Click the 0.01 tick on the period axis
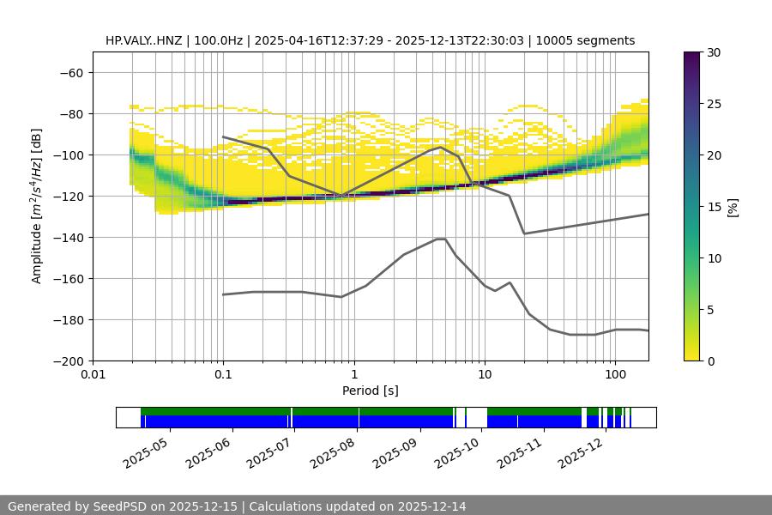(x=93, y=375)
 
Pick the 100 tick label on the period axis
(x=614, y=375)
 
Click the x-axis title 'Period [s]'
(x=370, y=391)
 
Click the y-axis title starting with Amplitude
(x=37, y=207)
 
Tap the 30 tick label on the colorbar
(x=714, y=52)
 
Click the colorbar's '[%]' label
(x=732, y=207)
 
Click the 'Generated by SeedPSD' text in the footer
(x=86, y=506)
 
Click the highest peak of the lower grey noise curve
(x=441, y=239)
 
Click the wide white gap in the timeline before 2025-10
(x=476, y=417)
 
